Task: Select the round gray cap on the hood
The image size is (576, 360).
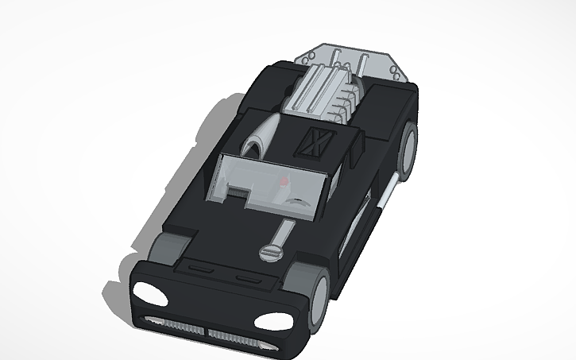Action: pos(270,253)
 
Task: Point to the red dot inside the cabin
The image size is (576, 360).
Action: pos(284,184)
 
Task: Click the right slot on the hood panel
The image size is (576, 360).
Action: pos(243,278)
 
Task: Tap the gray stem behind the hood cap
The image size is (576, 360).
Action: pos(280,235)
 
